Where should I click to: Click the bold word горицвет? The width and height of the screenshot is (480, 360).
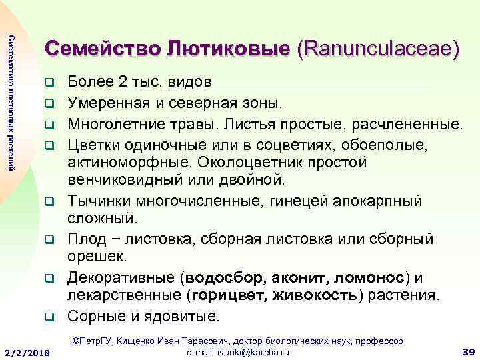click(231, 295)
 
